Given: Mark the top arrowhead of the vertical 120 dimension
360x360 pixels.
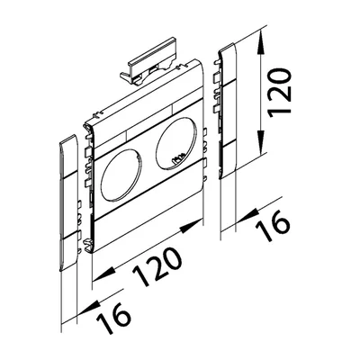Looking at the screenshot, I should (x=262, y=36).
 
